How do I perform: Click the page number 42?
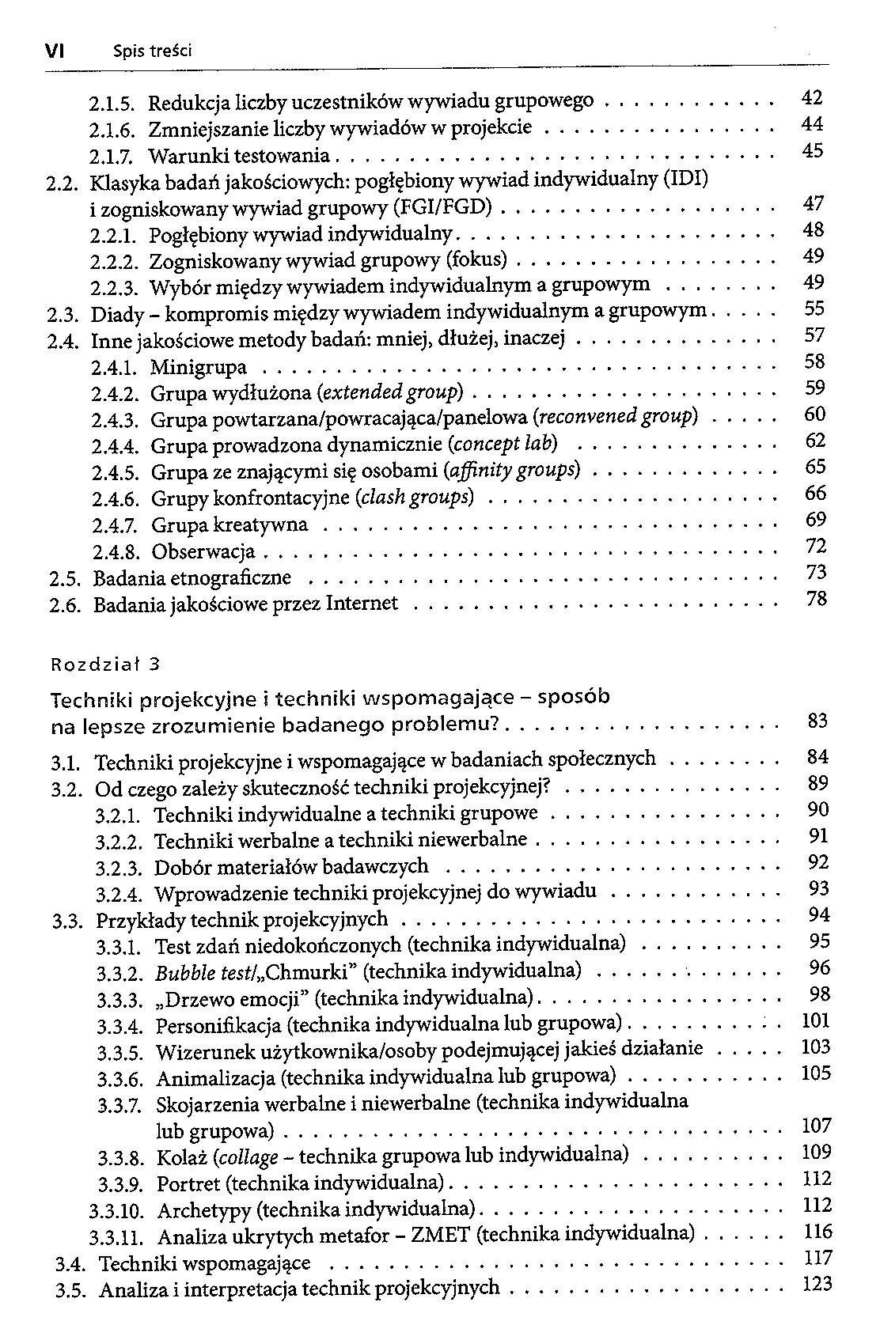coord(813,98)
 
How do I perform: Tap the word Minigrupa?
coord(199,368)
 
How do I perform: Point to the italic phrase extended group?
coord(389,393)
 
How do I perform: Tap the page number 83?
coord(817,721)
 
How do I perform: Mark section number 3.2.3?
coord(119,868)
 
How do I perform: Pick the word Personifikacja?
coord(218,1026)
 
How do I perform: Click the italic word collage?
coord(248,1157)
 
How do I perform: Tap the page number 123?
coord(817,1284)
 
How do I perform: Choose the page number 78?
coord(816,600)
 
